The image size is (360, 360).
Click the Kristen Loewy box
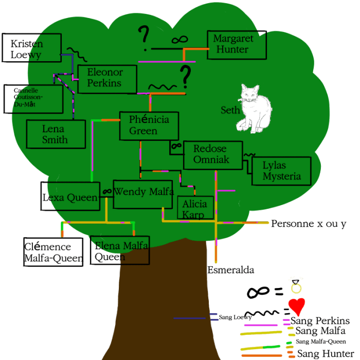pyautogui.click(x=32, y=48)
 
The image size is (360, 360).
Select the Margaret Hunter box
pyautogui.click(x=237, y=45)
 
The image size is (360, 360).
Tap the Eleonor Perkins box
pyautogui.click(x=107, y=79)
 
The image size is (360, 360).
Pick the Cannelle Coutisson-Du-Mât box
pyautogui.click(x=33, y=99)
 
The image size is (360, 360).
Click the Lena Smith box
pyautogui.click(x=56, y=134)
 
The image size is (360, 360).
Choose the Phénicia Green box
pyautogui.click(x=149, y=126)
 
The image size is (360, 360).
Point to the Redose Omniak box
pyautogui.click(x=213, y=155)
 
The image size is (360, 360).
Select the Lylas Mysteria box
pyautogui.click(x=281, y=171)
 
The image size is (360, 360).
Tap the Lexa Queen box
pyautogui.click(x=70, y=196)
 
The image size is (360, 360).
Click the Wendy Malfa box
pyautogui.click(x=143, y=194)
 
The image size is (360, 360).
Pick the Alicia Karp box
pyautogui.click(x=195, y=208)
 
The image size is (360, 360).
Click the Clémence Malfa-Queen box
pyautogui.click(x=53, y=252)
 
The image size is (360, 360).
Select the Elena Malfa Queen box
pyautogui.click(x=120, y=250)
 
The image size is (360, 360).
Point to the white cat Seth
pyautogui.click(x=254, y=109)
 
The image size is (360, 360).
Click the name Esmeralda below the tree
pyautogui.click(x=231, y=270)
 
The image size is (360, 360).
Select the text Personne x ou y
pyautogui.click(x=309, y=224)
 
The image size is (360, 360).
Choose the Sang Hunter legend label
pyautogui.click(x=326, y=354)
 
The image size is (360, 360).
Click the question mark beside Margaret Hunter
pyautogui.click(x=143, y=38)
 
